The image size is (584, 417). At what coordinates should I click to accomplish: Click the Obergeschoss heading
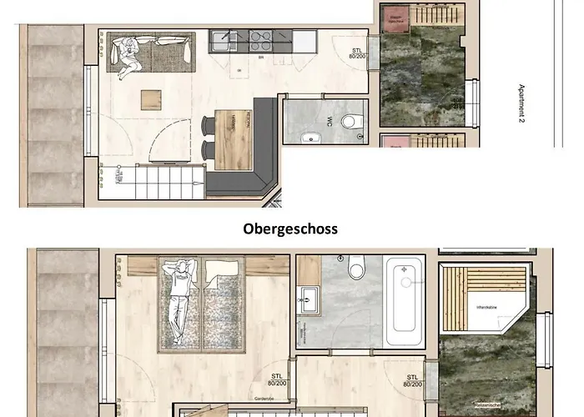[291, 229]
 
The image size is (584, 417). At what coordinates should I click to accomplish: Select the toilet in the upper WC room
[351, 122]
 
